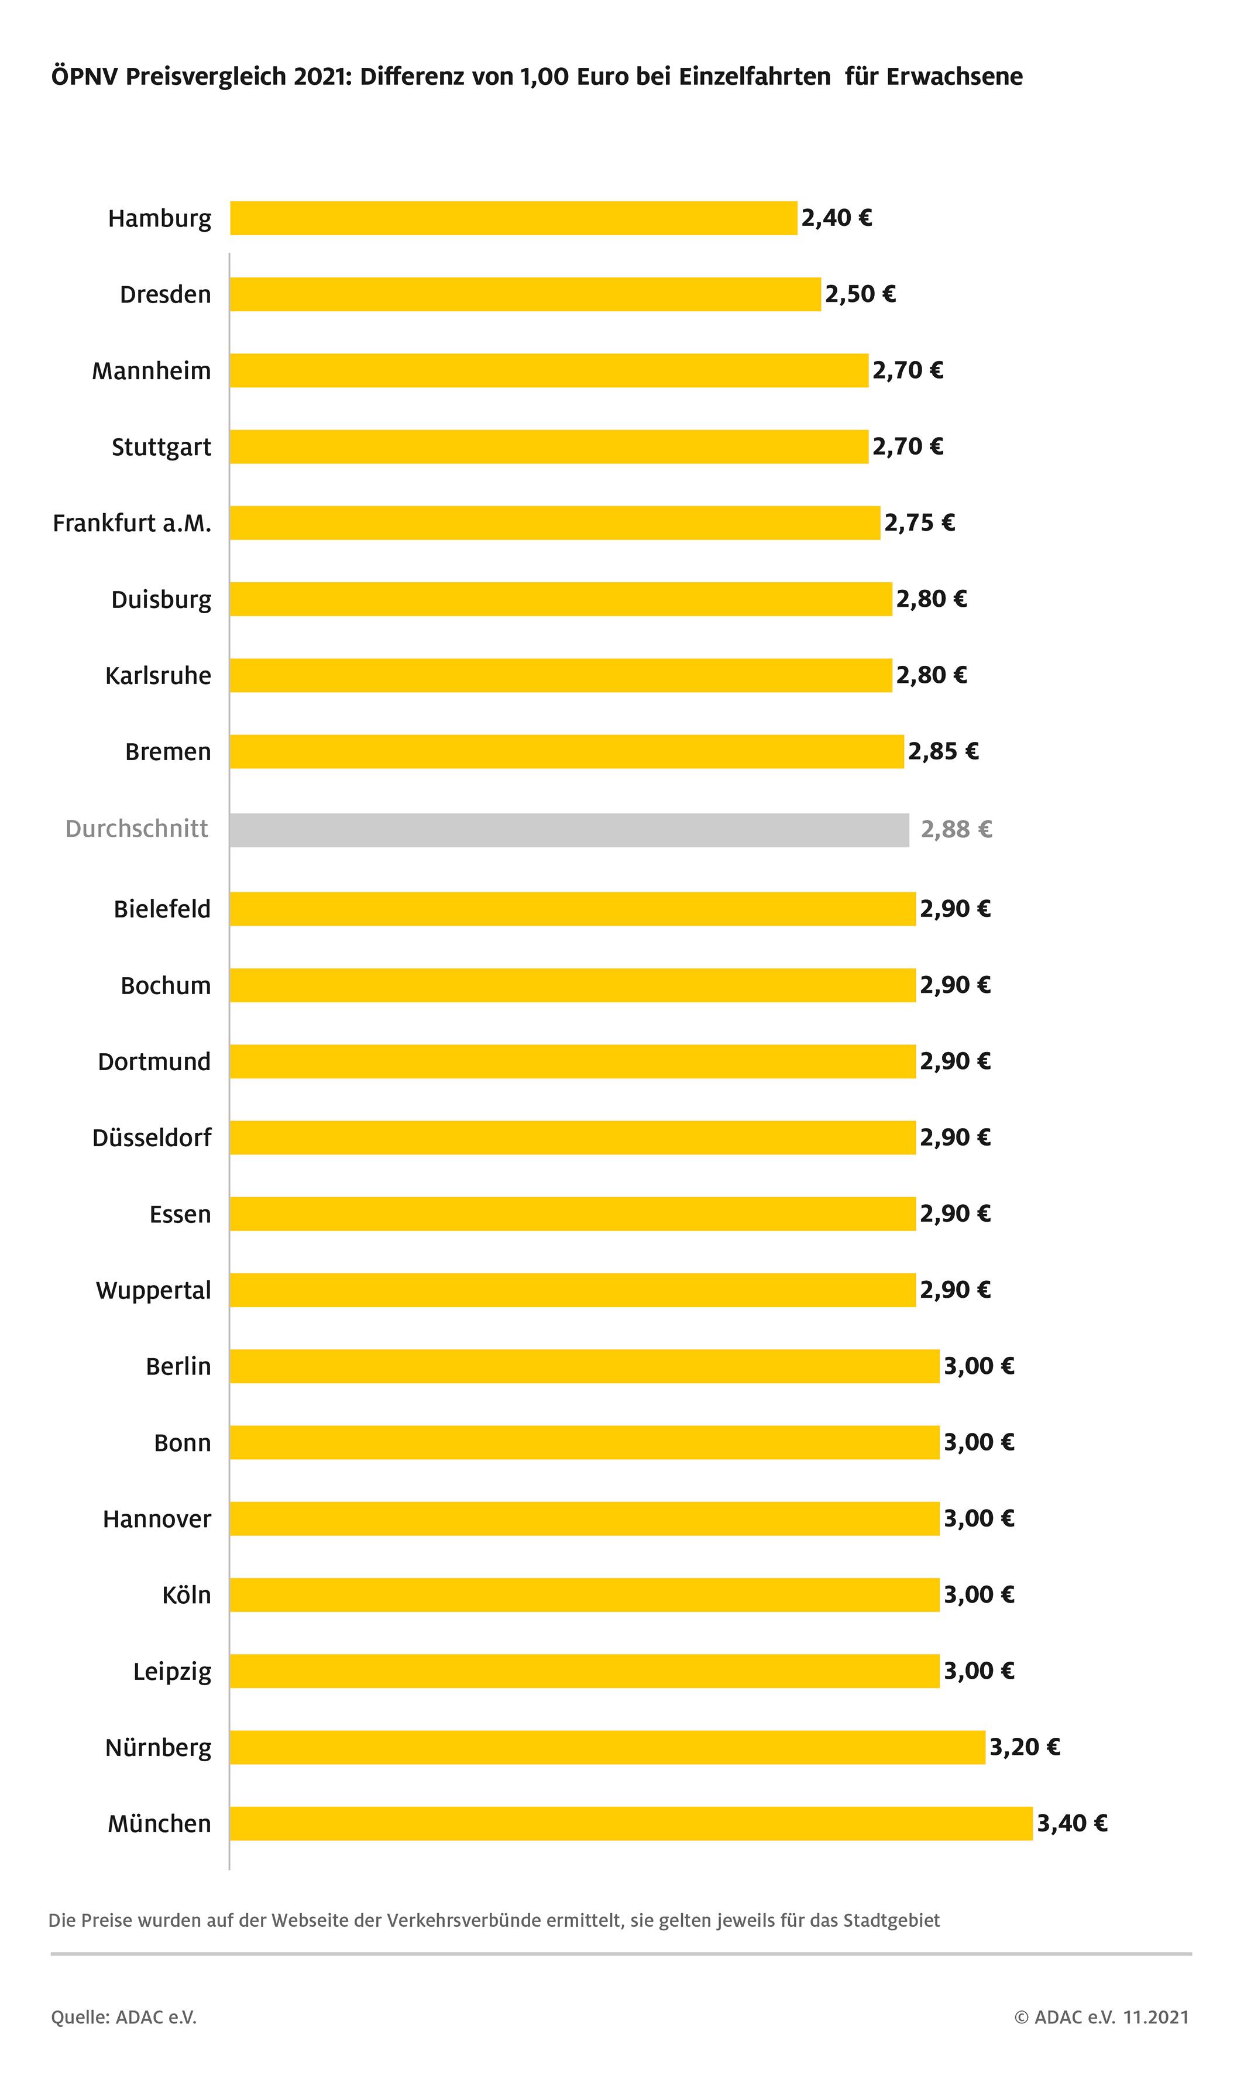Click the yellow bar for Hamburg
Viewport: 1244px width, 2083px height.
(x=513, y=218)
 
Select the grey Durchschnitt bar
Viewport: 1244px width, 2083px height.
(x=569, y=830)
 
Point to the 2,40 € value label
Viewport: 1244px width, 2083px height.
(x=837, y=218)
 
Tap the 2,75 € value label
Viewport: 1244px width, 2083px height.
(x=920, y=523)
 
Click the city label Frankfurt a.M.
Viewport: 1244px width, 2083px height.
(x=132, y=524)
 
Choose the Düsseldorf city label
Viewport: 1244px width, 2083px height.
(x=152, y=1137)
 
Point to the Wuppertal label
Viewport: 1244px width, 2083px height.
(x=153, y=1290)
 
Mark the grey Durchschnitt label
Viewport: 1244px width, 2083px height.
(x=137, y=829)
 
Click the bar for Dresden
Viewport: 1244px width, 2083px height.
(x=525, y=294)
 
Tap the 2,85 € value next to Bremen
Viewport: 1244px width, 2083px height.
(x=943, y=752)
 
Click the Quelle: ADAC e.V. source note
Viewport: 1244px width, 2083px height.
(x=124, y=2017)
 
